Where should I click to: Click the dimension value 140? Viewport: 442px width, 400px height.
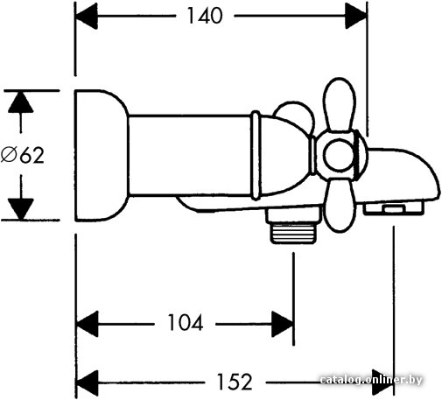(205, 16)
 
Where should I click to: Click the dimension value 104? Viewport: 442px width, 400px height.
(186, 323)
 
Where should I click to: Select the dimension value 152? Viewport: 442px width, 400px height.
(235, 382)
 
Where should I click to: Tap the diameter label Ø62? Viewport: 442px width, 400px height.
(23, 155)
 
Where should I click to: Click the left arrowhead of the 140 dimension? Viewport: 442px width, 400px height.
(86, 16)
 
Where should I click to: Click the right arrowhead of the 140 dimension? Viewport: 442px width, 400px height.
(356, 16)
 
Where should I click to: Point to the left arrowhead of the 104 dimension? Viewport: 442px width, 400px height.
(87, 324)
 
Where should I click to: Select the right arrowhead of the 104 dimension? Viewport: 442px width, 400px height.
(283, 324)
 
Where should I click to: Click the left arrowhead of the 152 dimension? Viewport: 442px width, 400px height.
(87, 382)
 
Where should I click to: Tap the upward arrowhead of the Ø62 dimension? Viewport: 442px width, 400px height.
(21, 102)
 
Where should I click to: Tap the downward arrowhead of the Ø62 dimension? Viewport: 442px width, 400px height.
(21, 209)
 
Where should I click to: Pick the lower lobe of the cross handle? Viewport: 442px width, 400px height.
(340, 205)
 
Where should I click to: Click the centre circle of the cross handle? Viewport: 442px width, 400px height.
(339, 155)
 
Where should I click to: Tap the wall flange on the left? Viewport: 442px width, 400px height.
(102, 155)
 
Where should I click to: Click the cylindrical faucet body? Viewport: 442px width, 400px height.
(190, 155)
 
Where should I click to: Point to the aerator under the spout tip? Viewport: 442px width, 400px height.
(393, 208)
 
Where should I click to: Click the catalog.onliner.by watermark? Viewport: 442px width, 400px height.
(371, 380)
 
